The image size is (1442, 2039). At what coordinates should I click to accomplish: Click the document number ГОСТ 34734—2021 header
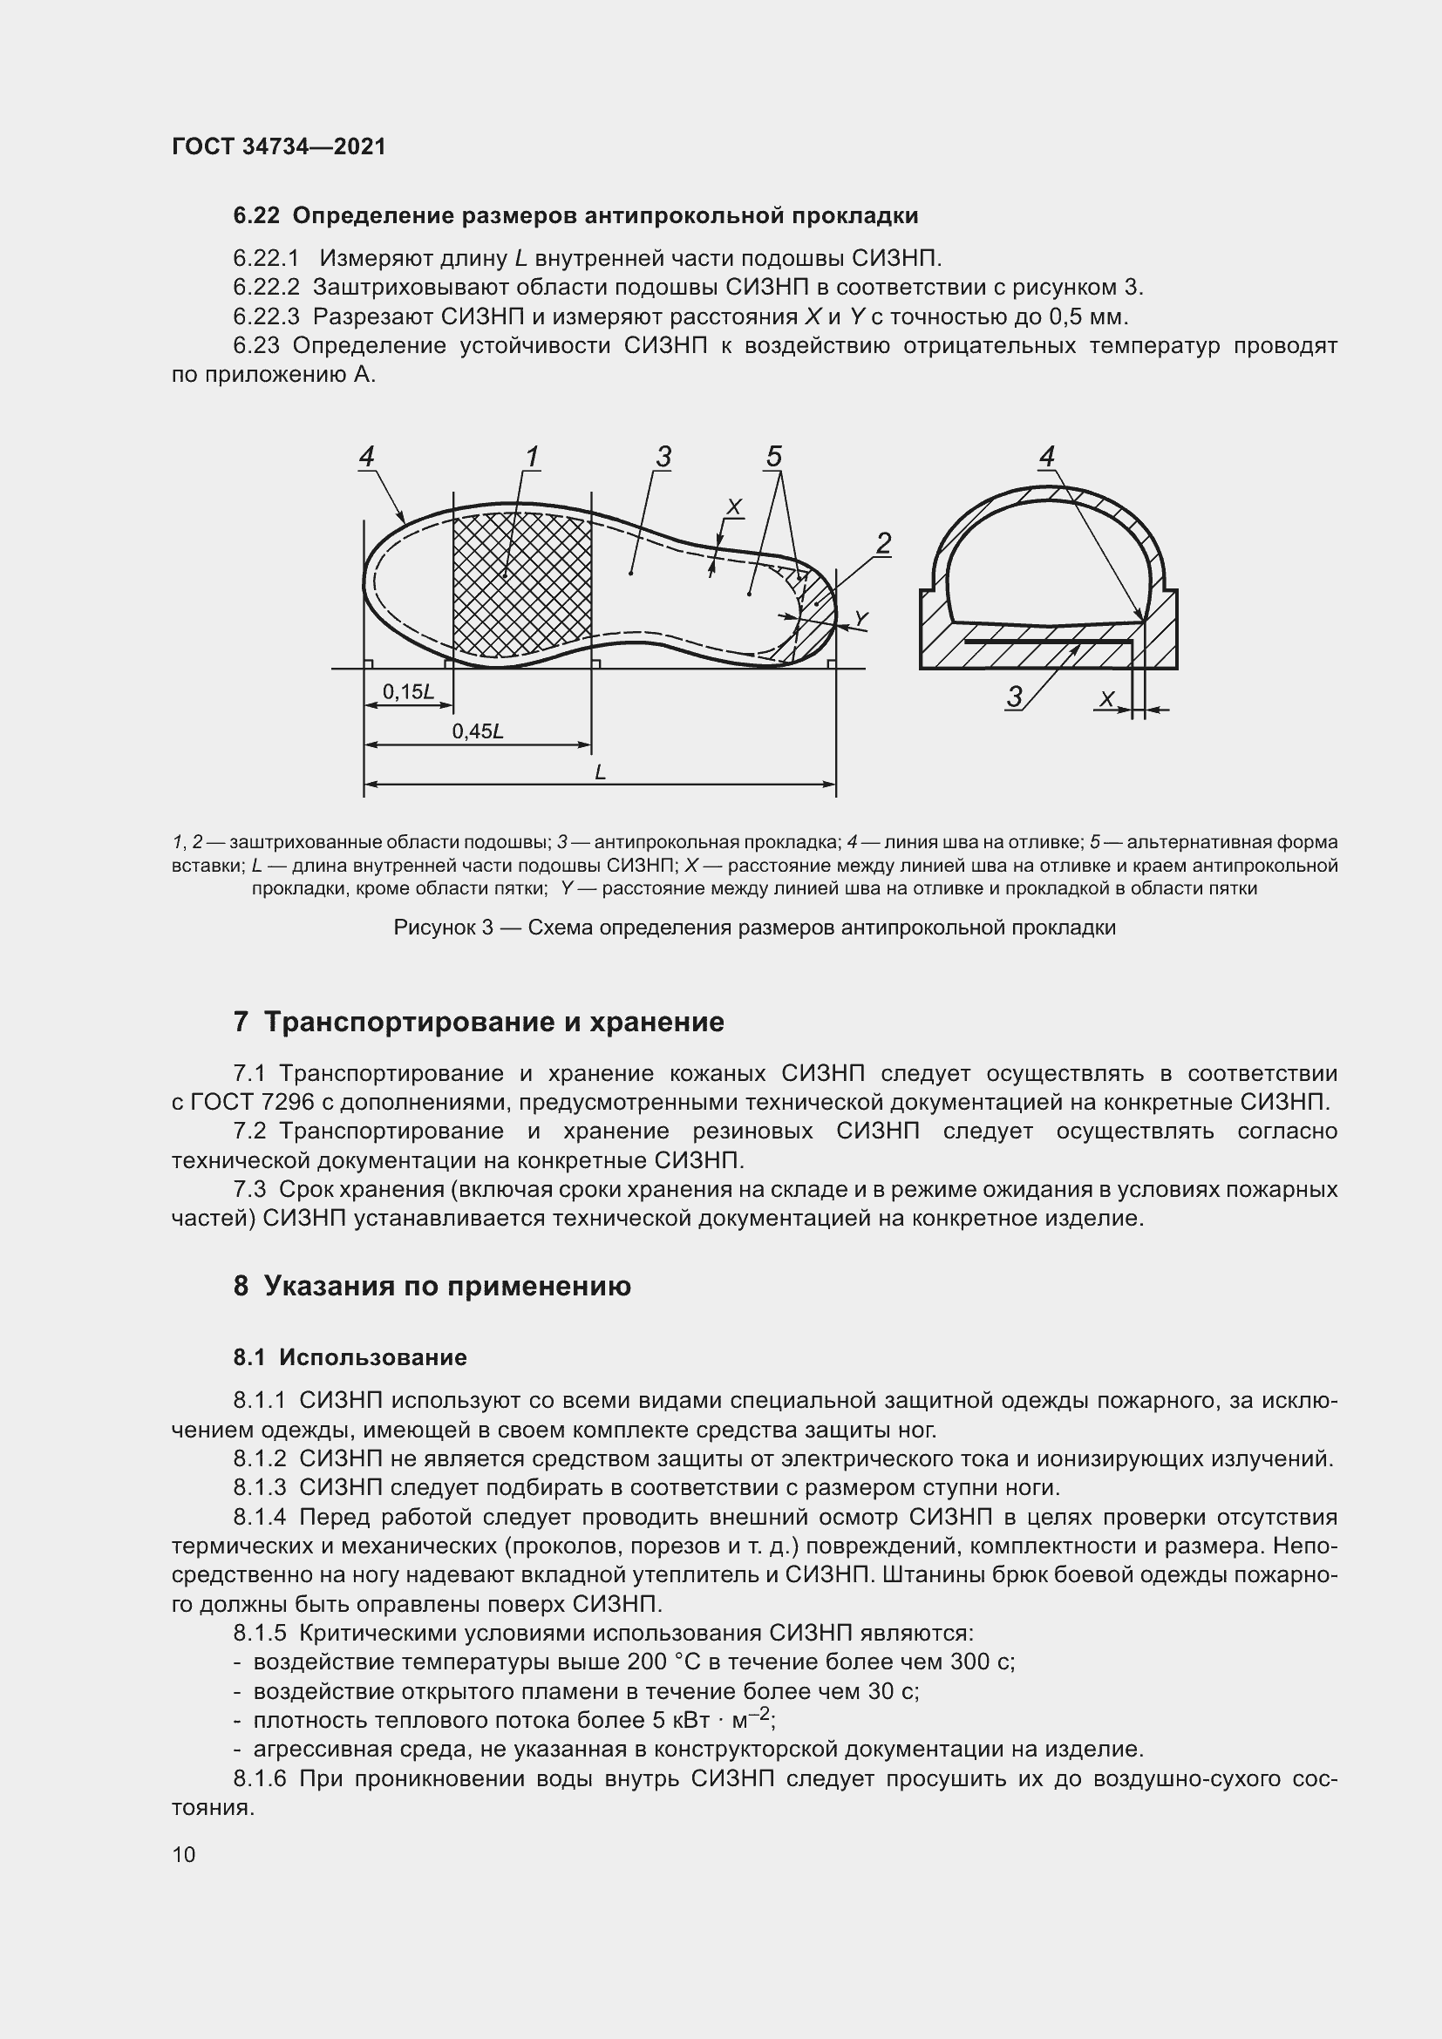pos(279,146)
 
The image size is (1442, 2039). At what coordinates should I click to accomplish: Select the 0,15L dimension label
pos(407,692)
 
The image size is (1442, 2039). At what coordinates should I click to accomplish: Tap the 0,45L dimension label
pos(478,731)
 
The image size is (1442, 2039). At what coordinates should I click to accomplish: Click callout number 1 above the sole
pos(532,458)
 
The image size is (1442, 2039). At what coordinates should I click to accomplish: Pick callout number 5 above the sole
pos(773,457)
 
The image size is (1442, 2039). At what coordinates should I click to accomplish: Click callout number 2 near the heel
pos(882,542)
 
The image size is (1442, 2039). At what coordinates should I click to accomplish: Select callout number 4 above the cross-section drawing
pos(1047,457)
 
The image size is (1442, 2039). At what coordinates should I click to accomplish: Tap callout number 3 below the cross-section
pos(1015,697)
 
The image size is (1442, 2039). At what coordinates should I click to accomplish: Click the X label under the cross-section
pos(1106,700)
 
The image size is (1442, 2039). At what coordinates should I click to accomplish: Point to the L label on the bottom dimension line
pos(600,772)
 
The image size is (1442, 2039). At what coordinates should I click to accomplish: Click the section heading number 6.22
pos(255,216)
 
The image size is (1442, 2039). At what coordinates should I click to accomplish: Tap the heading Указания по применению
pos(446,1286)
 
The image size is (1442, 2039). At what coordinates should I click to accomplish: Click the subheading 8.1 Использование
pos(350,1358)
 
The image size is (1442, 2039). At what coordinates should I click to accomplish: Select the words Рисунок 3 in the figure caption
pos(444,928)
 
